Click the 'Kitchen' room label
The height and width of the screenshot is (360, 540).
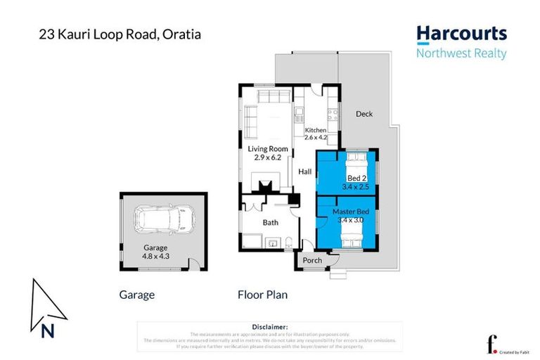click(x=315, y=131)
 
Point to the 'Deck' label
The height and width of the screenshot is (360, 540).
click(x=364, y=114)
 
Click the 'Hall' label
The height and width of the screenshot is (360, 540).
click(x=304, y=172)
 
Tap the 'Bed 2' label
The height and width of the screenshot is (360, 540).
click(x=349, y=178)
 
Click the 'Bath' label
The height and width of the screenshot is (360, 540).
click(x=271, y=222)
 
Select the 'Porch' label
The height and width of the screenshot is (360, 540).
click(x=311, y=260)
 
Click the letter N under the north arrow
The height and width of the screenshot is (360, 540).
click(x=47, y=330)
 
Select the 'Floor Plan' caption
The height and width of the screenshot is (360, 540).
click(x=262, y=295)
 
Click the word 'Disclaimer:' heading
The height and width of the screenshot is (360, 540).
click(x=269, y=327)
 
